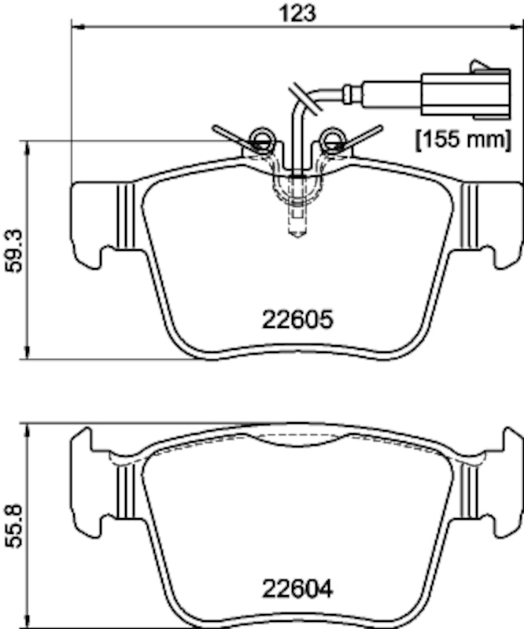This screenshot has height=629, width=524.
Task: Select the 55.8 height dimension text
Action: pyautogui.click(x=13, y=525)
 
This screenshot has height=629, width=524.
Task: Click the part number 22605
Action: pyautogui.click(x=297, y=320)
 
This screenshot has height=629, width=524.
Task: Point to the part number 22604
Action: pyautogui.click(x=297, y=587)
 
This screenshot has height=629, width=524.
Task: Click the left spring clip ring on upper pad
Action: pyautogui.click(x=260, y=141)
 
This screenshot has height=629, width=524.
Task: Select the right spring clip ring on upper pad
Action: pyautogui.click(x=332, y=141)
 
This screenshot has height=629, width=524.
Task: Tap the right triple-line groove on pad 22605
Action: pyautogui.click(x=470, y=215)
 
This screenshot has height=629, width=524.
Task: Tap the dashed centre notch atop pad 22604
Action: pyautogui.click(x=297, y=438)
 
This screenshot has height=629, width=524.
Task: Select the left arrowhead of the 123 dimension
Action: pyautogui.click(x=76, y=27)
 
